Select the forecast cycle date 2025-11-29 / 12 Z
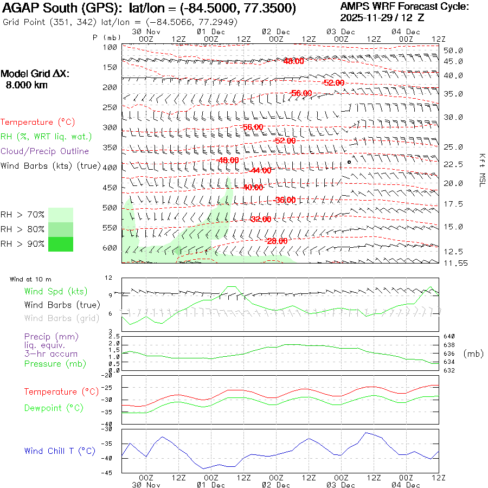383,17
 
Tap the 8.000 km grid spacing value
26,85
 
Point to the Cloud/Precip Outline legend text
45,151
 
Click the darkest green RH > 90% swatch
61,244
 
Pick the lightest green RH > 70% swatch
61,215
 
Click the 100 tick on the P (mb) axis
110,47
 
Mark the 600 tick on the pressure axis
110,248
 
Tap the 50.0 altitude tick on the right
453,50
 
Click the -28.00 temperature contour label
277,241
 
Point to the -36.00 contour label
285,200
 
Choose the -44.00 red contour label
260,170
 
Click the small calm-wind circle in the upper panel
349,162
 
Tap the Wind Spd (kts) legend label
55,292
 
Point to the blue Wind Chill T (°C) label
60,451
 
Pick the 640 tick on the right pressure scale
450,337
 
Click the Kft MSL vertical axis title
481,170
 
